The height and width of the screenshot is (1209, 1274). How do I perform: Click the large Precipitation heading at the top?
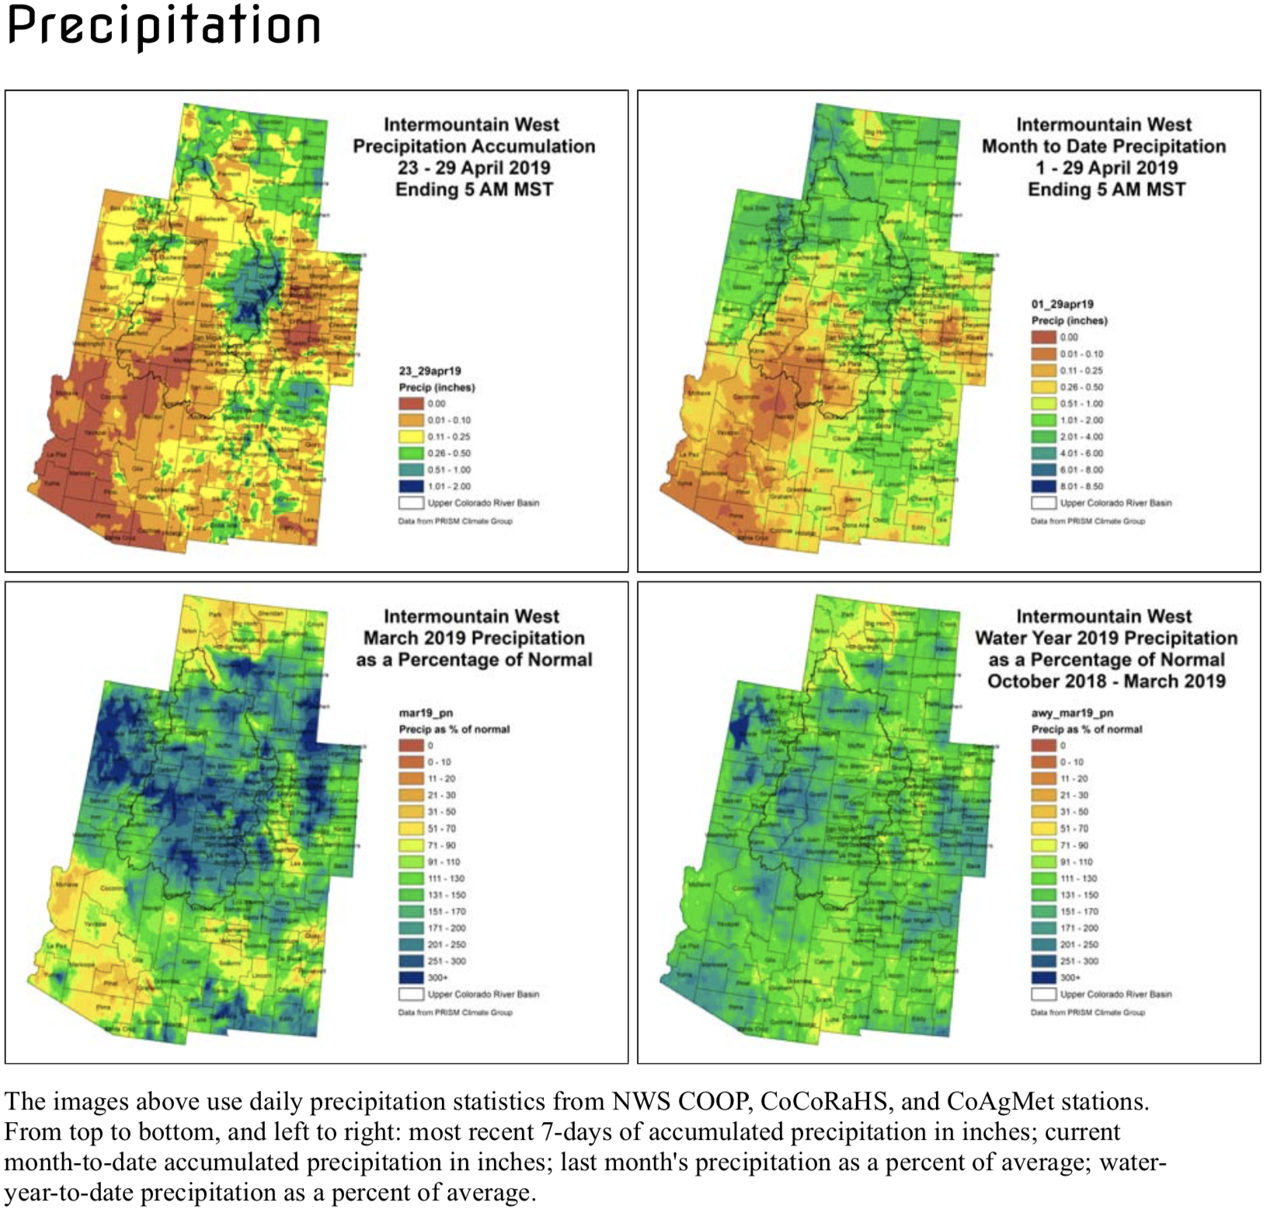pyautogui.click(x=163, y=25)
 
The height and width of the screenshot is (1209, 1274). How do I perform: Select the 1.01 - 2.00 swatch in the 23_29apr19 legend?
pyautogui.click(x=411, y=486)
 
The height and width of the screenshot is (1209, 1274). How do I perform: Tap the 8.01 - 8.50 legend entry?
pyautogui.click(x=1044, y=486)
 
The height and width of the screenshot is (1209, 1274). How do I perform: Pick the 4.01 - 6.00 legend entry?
pyautogui.click(x=1044, y=453)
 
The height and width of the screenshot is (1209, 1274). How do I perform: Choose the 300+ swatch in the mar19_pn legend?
pyautogui.click(x=411, y=977)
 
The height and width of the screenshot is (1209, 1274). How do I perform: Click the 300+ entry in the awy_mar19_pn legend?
pyautogui.click(x=1044, y=977)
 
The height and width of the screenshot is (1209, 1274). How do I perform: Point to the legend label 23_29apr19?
pyautogui.click(x=430, y=371)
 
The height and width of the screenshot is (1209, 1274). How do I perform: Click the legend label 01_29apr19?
pyautogui.click(x=1062, y=304)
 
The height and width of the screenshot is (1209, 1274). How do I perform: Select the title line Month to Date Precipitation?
pyautogui.click(x=1103, y=146)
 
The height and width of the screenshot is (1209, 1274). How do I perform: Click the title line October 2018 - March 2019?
pyautogui.click(x=1106, y=681)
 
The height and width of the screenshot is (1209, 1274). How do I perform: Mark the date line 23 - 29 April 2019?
pyautogui.click(x=474, y=168)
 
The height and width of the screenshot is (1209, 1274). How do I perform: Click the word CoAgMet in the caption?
pyautogui.click(x=995, y=1102)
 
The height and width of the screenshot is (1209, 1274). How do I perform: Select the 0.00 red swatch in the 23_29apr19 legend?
pyautogui.click(x=411, y=403)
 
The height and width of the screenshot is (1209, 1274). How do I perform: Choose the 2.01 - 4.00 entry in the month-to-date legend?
pyautogui.click(x=1044, y=437)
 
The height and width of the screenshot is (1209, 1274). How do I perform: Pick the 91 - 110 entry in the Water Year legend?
pyautogui.click(x=1044, y=862)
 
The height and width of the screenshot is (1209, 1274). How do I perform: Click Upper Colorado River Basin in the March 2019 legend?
pyautogui.click(x=482, y=995)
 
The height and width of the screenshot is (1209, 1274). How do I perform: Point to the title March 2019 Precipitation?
pyautogui.click(x=474, y=638)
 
